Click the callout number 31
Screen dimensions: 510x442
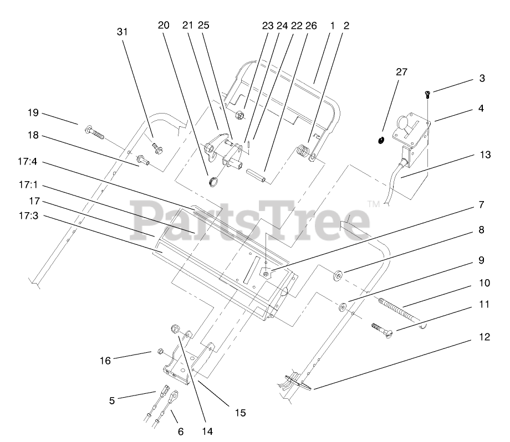pos(122,32)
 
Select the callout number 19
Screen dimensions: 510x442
pos(33,112)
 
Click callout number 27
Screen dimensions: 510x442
pos(401,71)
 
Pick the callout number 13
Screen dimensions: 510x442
pos(485,155)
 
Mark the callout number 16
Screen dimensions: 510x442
pos(105,360)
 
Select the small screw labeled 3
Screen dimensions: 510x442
pos(428,92)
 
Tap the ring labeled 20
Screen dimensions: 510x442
pos(212,181)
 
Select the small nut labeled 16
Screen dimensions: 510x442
pos(159,351)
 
